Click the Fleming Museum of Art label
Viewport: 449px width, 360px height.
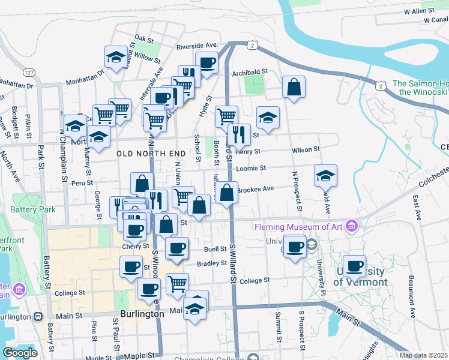coord(298,227)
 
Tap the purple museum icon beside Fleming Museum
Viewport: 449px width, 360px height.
coord(352,227)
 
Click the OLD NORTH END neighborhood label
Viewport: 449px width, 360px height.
coord(151,154)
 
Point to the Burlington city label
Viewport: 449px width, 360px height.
coord(142,314)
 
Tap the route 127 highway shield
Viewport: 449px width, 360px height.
coord(29,72)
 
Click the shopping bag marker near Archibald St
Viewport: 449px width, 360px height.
coord(294,87)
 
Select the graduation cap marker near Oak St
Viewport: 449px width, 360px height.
coord(116,58)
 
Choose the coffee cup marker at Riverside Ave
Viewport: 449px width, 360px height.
coord(206,63)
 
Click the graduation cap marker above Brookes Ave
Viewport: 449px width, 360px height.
coord(325,176)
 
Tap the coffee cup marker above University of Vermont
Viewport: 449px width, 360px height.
coord(354,266)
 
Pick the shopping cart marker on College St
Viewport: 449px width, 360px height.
coord(177,284)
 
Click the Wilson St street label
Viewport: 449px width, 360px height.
coord(306,149)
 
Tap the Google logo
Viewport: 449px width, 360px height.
coord(20,353)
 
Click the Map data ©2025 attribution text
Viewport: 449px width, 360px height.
coord(424,355)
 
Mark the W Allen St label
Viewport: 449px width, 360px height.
coord(419,11)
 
